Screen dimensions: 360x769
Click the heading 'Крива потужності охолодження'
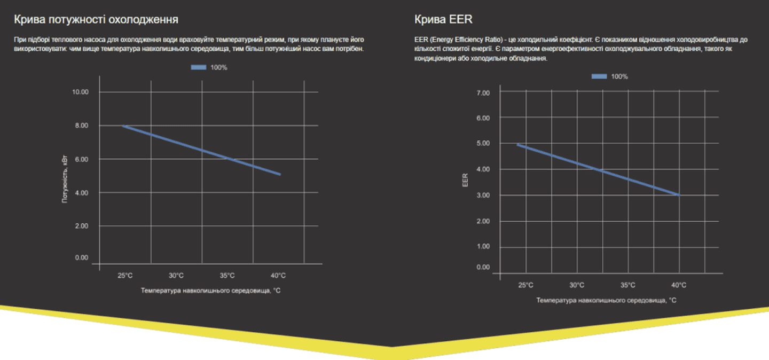point(96,20)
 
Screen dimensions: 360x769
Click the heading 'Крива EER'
point(443,20)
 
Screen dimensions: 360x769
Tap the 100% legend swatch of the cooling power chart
point(199,68)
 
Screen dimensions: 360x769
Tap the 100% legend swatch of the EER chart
point(599,77)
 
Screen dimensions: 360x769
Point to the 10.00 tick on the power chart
point(80,92)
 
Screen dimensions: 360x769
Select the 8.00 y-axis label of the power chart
point(81,126)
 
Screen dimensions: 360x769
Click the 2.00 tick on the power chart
point(81,226)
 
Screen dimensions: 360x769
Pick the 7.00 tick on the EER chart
point(482,93)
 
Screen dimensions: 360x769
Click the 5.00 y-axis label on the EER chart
point(482,143)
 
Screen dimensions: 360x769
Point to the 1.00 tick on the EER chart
point(482,247)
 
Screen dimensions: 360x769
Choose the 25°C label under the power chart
point(125,276)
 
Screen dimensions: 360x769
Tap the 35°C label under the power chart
point(227,276)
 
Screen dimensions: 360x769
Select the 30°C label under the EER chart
point(577,285)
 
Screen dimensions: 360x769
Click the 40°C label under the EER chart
point(679,285)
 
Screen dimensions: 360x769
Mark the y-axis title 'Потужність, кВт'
point(65,179)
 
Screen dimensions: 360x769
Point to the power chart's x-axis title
point(211,291)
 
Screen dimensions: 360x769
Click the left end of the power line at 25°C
point(123,126)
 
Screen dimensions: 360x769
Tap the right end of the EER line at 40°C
point(679,195)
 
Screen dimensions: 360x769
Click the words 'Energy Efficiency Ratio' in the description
point(466,40)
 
